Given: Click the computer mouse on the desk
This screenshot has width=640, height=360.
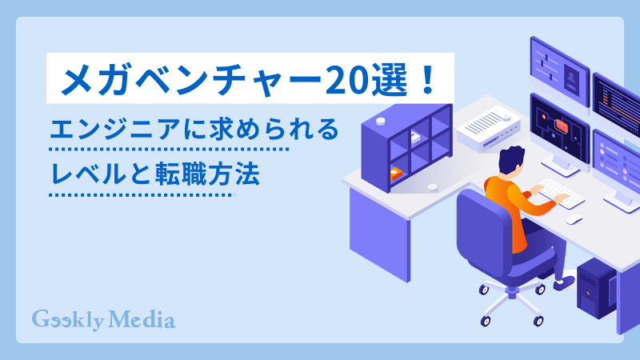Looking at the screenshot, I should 574,219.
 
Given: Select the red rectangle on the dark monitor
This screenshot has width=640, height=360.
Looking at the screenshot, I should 561,126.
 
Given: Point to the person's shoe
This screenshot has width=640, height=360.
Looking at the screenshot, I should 564,282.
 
